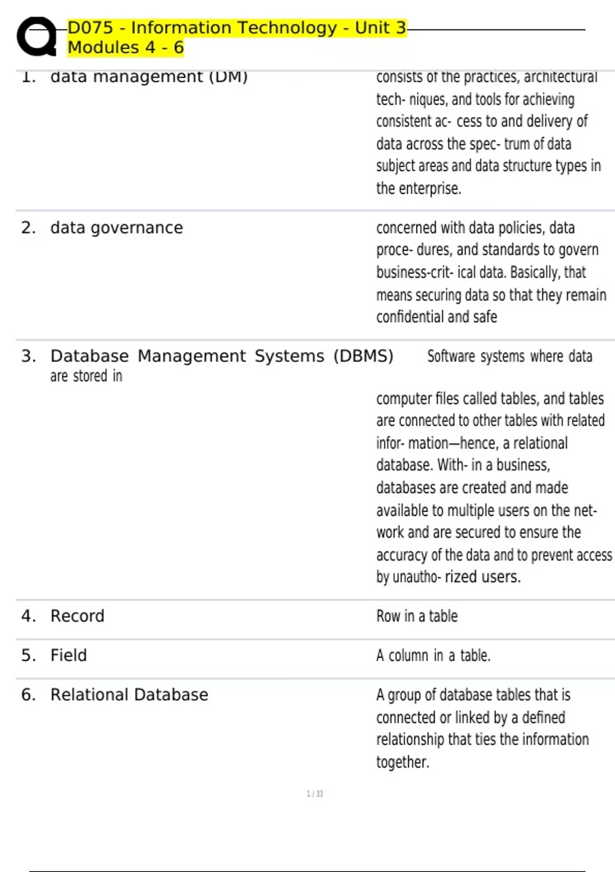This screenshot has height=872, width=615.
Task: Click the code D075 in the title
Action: [x=90, y=28]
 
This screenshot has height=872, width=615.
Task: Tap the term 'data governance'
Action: [x=116, y=228]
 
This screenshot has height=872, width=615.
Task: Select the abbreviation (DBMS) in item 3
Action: [x=363, y=356]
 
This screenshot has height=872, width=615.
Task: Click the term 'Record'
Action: [x=77, y=616]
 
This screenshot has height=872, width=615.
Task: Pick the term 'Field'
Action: [x=69, y=656]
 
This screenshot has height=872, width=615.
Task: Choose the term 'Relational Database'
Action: [x=129, y=695]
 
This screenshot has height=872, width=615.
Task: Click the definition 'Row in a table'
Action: [x=417, y=616]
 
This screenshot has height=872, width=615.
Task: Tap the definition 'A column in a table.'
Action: [x=433, y=656]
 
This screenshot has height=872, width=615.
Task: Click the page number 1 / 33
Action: [x=315, y=794]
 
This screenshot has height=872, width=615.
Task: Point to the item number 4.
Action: [x=28, y=616]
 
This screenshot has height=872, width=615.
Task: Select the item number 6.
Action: [x=28, y=695]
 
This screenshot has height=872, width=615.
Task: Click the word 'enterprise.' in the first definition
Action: [x=430, y=189]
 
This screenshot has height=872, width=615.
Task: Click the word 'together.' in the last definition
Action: [x=402, y=762]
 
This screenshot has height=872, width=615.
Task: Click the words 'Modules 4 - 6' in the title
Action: [x=126, y=48]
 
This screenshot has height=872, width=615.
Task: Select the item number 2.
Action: [x=28, y=228]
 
